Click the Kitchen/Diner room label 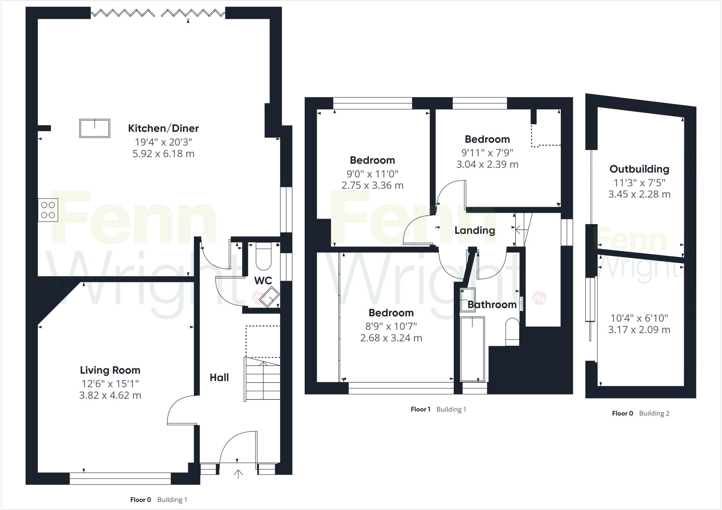[x=163, y=128]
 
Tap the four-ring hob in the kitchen [x=48, y=210]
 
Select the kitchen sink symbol [x=94, y=128]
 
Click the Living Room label [x=110, y=370]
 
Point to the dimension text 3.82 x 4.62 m [x=110, y=395]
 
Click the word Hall [x=219, y=377]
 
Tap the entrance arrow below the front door [x=238, y=474]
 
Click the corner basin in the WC [x=269, y=297]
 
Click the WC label [x=263, y=280]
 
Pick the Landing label [x=475, y=230]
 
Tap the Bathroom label [x=492, y=304]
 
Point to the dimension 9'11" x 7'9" [x=487, y=152]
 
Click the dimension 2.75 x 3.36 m [x=372, y=185]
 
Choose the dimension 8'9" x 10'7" [x=391, y=326]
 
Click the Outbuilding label [x=639, y=169]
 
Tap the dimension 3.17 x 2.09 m [x=639, y=330]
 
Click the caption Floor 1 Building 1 [x=438, y=409]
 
